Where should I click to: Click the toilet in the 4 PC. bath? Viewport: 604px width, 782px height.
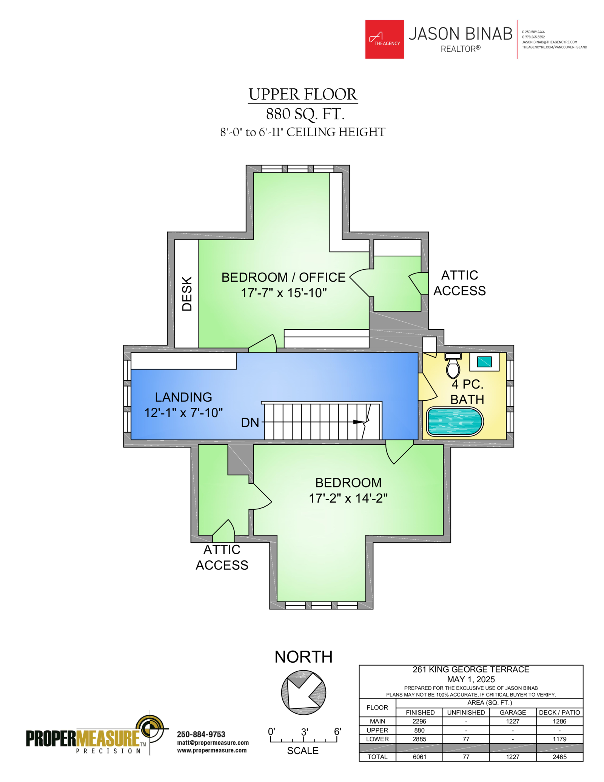[453, 366]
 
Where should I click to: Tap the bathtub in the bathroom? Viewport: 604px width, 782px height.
[455, 421]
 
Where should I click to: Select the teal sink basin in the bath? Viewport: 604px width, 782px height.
[484, 362]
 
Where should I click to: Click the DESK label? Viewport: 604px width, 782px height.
[187, 294]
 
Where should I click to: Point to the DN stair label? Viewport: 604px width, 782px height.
[250, 423]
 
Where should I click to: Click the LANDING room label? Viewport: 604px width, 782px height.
[183, 397]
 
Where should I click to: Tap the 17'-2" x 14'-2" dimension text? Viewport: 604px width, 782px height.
[348, 498]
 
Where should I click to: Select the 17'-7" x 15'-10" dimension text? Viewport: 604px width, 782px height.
[284, 293]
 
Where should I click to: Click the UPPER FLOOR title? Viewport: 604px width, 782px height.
[303, 94]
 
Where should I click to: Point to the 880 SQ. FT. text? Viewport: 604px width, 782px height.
[305, 114]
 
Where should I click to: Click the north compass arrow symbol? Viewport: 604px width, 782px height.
[304, 693]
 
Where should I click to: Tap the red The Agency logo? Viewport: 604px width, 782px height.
[384, 39]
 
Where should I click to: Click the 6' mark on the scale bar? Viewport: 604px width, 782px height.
[337, 732]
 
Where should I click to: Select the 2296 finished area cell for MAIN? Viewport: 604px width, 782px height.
[419, 721]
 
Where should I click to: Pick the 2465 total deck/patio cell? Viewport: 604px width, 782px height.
[559, 757]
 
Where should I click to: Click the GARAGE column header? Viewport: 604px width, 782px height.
[513, 713]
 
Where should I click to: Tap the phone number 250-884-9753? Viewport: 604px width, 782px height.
[201, 734]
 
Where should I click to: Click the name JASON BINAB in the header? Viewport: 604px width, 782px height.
[461, 34]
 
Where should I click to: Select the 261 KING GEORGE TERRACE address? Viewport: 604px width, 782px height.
[471, 669]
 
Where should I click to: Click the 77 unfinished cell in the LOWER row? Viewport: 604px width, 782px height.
[466, 739]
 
